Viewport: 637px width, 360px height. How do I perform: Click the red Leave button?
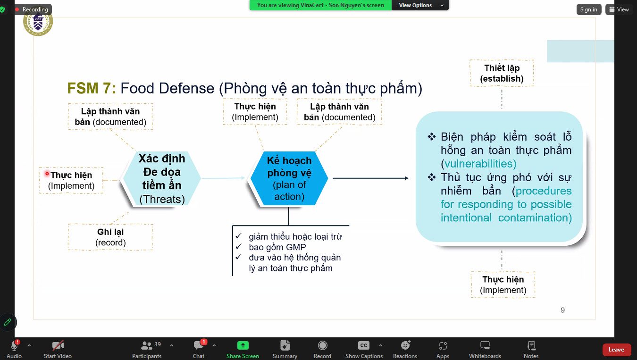pyautogui.click(x=616, y=350)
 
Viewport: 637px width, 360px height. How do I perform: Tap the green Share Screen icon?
pyautogui.click(x=243, y=345)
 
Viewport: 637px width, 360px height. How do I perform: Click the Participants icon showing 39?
pyautogui.click(x=147, y=345)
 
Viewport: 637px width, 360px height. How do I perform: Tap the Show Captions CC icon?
pyautogui.click(x=363, y=345)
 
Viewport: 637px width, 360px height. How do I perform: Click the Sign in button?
pyautogui.click(x=588, y=9)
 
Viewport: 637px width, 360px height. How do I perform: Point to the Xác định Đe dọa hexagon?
pyautogui.click(x=161, y=178)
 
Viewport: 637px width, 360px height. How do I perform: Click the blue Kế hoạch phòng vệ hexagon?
pyautogui.click(x=289, y=179)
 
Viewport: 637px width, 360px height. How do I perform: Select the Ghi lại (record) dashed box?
pyautogui.click(x=110, y=237)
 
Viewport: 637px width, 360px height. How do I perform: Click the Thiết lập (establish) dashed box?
pyautogui.click(x=502, y=73)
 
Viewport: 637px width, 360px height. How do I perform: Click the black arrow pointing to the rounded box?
pyautogui.click(x=370, y=178)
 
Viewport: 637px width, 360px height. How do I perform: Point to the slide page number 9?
pyautogui.click(x=562, y=310)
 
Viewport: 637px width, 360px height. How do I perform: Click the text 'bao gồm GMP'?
pyautogui.click(x=277, y=247)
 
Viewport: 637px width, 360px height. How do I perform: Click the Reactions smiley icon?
pyautogui.click(x=405, y=345)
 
